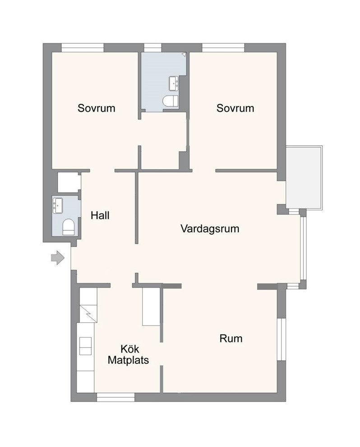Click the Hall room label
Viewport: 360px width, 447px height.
pos(100,215)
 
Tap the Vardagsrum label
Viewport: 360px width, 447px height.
pos(210,228)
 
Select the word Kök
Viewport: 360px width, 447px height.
pos(129,349)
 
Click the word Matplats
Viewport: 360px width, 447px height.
pos(128,360)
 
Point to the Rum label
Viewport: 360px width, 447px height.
pos(231,338)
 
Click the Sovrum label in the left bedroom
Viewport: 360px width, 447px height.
pos(96,108)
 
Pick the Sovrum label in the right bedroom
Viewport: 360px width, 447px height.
pos(235,108)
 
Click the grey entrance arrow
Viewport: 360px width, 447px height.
pos(58,258)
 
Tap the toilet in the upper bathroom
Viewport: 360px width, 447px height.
pos(171,102)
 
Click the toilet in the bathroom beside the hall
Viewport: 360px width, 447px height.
pos(69,227)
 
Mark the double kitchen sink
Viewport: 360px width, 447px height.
pos(85,346)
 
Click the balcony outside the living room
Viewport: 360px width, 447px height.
pos(304,178)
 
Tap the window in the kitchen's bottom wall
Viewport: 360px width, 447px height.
pos(115,397)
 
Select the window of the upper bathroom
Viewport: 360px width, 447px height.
pos(152,47)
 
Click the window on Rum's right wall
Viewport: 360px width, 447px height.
pos(282,339)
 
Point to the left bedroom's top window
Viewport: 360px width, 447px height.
pos(83,47)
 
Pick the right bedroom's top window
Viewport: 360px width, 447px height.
pos(223,47)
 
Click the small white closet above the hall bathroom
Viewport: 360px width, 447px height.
pos(69,182)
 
